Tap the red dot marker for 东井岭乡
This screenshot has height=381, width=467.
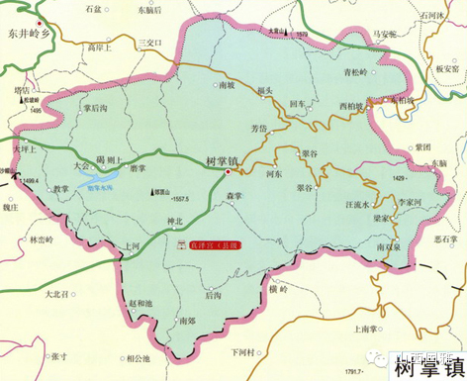39,20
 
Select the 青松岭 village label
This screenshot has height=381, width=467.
355,71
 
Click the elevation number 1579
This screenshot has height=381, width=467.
303,36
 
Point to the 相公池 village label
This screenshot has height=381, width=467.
142,357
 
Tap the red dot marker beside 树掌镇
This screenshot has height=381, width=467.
229,172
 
